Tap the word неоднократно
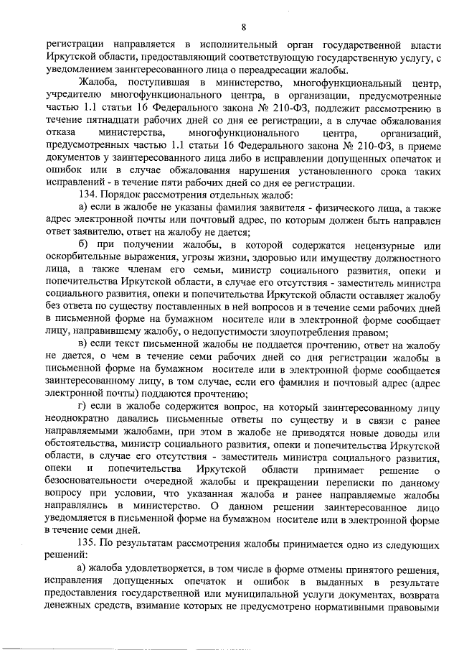[x=78, y=419]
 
